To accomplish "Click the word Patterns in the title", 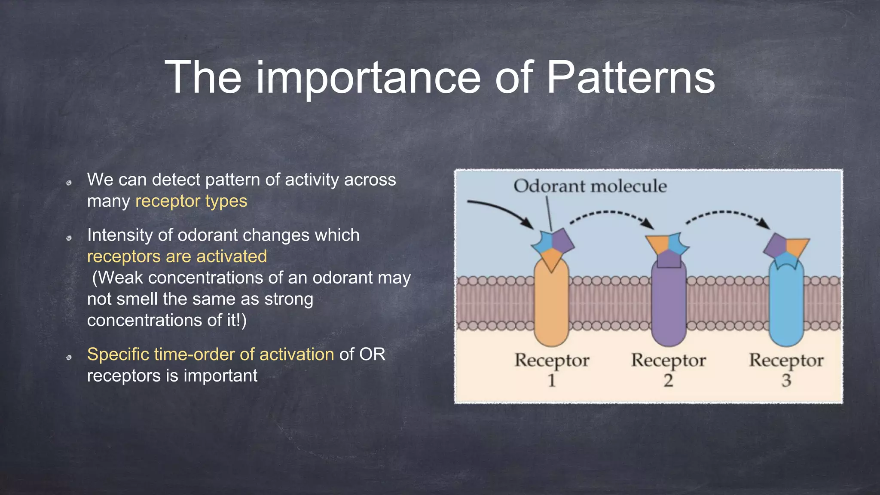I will [630, 77].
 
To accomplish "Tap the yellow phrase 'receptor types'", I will [191, 201].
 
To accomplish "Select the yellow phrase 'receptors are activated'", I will [177, 257].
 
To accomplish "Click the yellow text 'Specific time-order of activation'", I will [211, 354].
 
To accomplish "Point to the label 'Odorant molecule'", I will [590, 186].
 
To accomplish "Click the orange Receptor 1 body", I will [551, 305].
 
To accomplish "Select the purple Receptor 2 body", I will [669, 305].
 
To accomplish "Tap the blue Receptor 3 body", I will [786, 305].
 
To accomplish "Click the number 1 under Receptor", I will [552, 380].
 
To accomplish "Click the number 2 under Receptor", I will [668, 380].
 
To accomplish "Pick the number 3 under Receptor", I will [786, 380].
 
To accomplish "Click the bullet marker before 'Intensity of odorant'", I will [69, 238].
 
